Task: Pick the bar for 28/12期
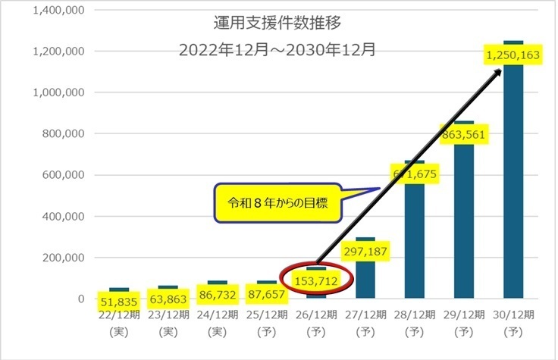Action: coord(415,243)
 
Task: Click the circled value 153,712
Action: coord(316,280)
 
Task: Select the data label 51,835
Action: coord(119,302)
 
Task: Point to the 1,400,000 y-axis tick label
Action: coord(58,11)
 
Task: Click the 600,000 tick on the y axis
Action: coord(63,175)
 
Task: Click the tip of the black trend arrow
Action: coord(501,69)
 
